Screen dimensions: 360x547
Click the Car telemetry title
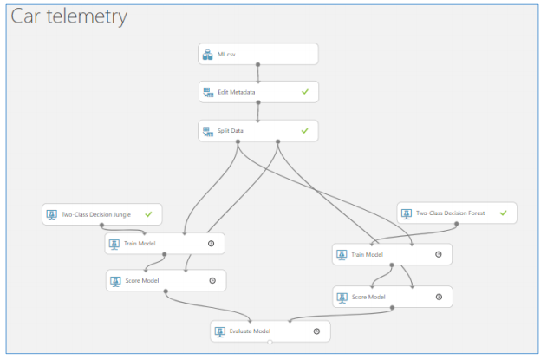68,16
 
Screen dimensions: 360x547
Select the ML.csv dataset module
258,54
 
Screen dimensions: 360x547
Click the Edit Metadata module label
236,91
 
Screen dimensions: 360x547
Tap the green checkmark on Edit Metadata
304,91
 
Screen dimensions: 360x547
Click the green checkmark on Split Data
304,130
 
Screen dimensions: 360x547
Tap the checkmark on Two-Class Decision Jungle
148,213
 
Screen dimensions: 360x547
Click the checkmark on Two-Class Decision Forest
503,213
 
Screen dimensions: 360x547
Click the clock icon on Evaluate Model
316,331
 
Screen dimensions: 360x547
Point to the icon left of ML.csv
207,55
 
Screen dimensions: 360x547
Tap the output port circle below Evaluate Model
270,343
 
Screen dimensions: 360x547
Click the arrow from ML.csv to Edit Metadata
258,73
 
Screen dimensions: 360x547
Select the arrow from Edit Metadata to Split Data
258,111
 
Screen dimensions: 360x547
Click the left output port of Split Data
238,141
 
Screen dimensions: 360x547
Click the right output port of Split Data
277,141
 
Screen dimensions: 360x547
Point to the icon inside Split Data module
207,131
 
